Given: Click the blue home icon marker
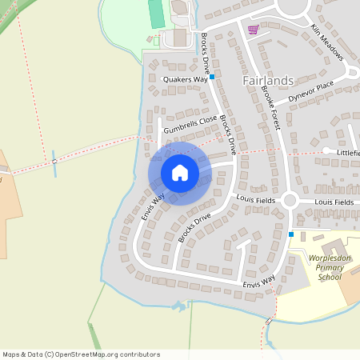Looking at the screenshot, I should [x=180, y=172].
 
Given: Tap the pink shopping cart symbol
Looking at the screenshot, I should [x=254, y=30].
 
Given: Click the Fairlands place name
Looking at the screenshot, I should [x=268, y=80].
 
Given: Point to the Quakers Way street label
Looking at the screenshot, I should [x=185, y=79].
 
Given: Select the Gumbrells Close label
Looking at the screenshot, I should [x=190, y=124].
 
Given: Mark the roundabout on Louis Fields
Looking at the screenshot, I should [x=290, y=201].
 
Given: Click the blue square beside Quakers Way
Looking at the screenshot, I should [x=212, y=77].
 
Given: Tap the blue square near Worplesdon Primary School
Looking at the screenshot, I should [x=291, y=234].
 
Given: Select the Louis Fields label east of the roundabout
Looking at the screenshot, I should [x=334, y=202].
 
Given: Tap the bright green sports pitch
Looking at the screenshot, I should [x=156, y=12].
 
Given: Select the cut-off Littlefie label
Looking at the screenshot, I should [x=348, y=152].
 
